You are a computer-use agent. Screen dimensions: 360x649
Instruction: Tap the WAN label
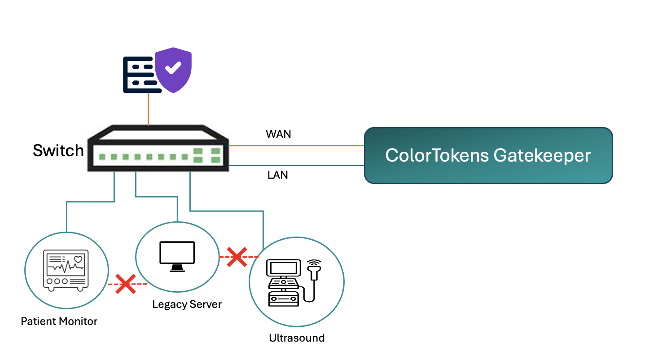point(278,134)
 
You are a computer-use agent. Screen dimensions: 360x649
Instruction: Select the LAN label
point(277,175)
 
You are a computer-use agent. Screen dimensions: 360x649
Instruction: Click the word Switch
point(58,150)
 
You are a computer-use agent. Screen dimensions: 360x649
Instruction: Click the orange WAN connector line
point(296,145)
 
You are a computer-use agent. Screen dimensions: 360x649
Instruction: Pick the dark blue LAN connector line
point(296,166)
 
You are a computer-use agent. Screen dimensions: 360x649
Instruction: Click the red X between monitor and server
point(126,284)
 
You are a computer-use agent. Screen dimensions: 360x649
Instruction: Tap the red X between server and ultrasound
point(237,257)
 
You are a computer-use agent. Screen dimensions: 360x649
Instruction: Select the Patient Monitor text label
point(59,321)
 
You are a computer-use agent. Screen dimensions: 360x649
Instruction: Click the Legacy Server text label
point(187,304)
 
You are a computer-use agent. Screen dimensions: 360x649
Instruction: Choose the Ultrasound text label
point(296,338)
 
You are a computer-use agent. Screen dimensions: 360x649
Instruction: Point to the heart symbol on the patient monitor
point(78,259)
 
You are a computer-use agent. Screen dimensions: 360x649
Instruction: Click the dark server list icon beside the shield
point(140,75)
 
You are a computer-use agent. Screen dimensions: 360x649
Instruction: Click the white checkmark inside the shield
point(173,68)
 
